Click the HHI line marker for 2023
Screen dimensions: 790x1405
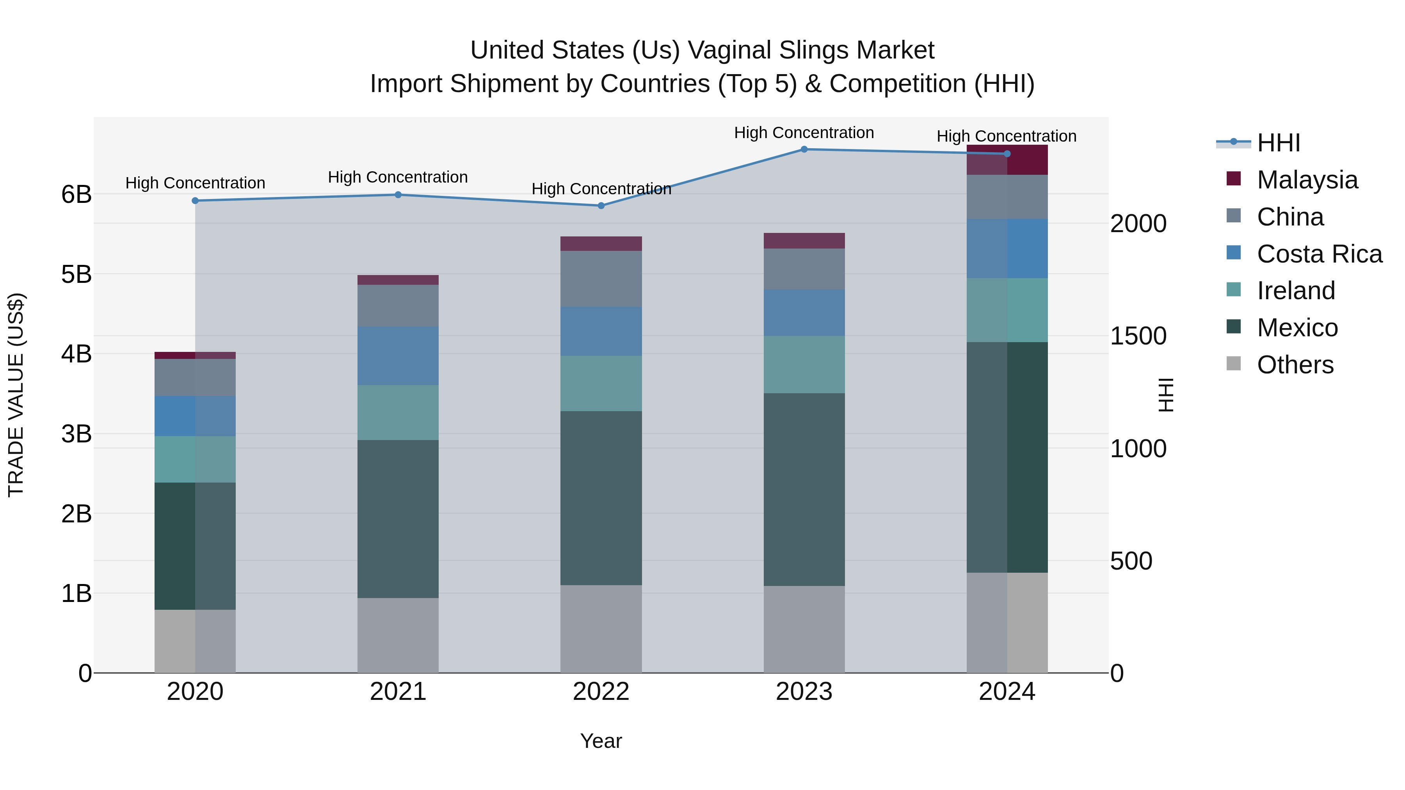click(x=804, y=149)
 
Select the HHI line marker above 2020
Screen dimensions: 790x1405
click(x=195, y=201)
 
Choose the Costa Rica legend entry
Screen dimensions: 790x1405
click(x=1319, y=254)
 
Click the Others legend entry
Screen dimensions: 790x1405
click(x=1295, y=365)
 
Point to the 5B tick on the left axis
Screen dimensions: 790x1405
click(x=76, y=274)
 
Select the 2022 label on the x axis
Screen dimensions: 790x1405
click(x=601, y=692)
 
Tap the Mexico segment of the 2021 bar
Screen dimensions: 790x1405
click(x=398, y=518)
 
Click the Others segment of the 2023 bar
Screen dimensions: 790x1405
click(x=804, y=629)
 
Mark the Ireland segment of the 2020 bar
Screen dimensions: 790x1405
click(x=195, y=459)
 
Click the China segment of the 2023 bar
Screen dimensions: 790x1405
click(x=804, y=269)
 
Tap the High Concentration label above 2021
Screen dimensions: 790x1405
click(x=398, y=177)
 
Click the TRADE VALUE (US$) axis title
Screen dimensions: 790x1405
click(x=16, y=395)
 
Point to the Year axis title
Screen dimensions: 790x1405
click(x=601, y=741)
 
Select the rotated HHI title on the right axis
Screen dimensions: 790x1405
click(x=1165, y=395)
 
